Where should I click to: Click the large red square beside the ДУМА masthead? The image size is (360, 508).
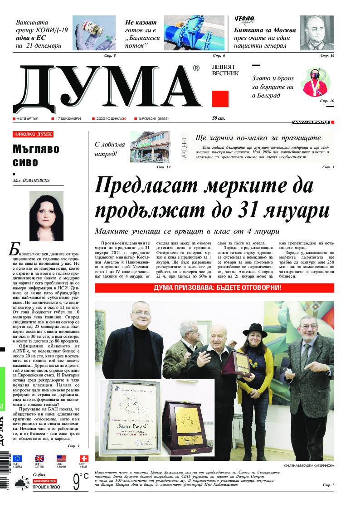220,99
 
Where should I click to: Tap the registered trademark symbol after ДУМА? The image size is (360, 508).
196,68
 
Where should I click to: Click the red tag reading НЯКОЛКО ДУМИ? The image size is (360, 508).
33,134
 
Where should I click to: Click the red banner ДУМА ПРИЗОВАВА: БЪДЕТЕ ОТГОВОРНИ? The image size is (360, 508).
214,288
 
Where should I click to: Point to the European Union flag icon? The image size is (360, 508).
17,459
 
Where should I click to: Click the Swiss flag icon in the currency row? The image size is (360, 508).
84,459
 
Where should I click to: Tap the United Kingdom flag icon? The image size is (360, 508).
39,459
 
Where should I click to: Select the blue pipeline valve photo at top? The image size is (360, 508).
194,33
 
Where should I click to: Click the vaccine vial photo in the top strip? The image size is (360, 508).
94,33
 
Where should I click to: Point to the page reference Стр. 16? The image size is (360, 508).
326,101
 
